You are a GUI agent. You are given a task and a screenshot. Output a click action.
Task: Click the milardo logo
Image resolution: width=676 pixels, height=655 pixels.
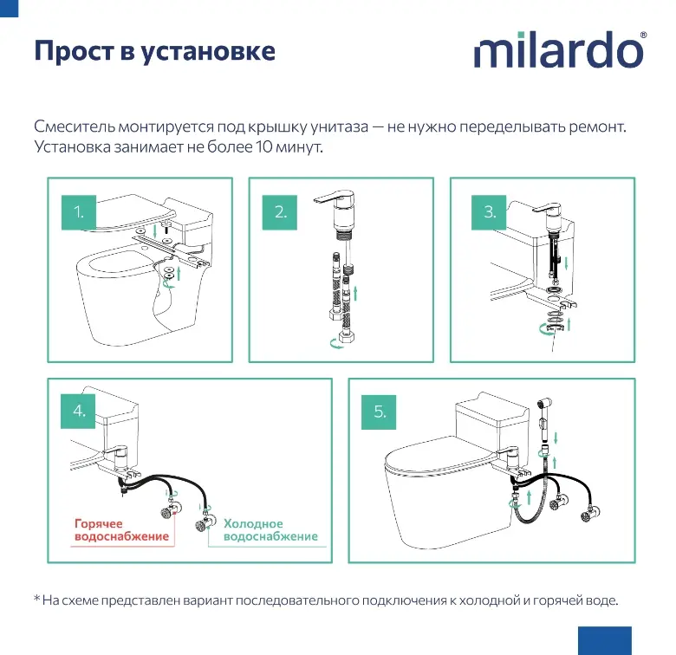tap(560, 49)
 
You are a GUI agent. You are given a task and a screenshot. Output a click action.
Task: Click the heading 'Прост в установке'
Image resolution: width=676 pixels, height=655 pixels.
tap(155, 51)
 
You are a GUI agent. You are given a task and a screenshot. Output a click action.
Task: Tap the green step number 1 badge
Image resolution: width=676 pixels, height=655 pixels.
tap(79, 212)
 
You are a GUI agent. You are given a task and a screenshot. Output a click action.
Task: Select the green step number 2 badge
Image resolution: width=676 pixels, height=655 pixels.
tap(280, 212)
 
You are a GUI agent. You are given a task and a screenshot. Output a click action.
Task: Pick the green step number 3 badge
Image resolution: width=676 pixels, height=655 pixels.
tap(489, 212)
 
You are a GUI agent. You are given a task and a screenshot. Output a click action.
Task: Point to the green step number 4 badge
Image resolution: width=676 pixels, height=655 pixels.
tap(78, 411)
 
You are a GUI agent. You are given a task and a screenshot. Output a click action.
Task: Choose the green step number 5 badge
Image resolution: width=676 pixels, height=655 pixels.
tap(379, 412)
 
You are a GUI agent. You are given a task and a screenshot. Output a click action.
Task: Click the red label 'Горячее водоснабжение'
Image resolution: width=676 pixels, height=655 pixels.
tap(121, 529)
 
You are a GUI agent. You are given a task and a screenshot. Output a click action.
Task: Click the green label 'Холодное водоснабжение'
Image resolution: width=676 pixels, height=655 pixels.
tap(270, 529)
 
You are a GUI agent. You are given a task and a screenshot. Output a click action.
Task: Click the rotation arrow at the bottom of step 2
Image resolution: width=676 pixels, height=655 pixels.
tap(337, 343)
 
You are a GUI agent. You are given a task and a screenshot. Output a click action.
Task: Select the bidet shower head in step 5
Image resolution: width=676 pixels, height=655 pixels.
tap(544, 407)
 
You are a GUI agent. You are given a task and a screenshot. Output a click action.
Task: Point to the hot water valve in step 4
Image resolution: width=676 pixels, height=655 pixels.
tap(169, 509)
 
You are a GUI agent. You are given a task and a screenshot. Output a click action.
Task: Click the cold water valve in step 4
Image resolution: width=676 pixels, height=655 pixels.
tap(205, 522)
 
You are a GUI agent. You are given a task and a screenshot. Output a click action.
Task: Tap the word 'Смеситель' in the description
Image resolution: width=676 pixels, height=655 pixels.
tap(75, 126)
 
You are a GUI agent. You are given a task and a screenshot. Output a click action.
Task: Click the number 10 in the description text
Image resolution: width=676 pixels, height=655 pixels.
tap(263, 147)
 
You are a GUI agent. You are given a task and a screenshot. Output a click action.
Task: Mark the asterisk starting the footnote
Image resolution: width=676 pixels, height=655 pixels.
tap(37, 598)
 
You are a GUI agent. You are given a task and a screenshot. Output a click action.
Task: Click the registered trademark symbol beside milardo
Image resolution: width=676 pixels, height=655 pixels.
tap(643, 35)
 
